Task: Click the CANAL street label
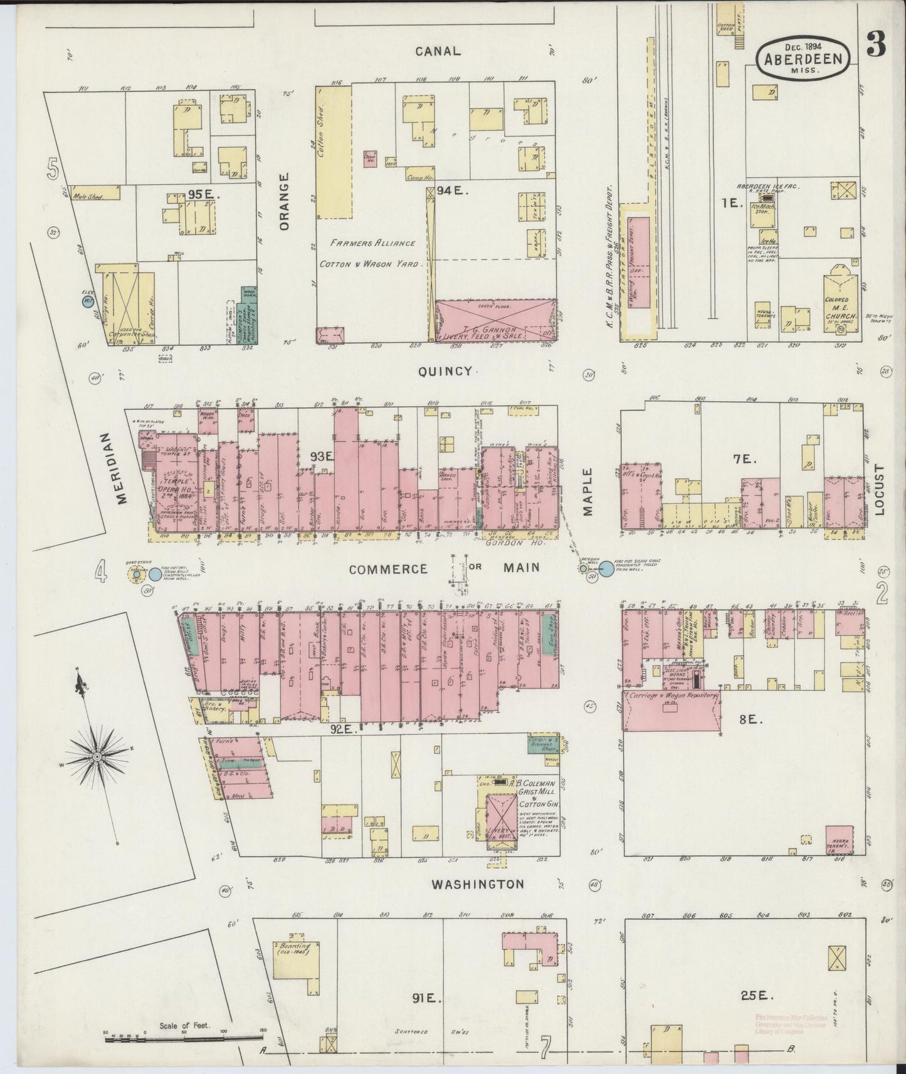438,51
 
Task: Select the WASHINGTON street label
478,884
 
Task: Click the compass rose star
97,757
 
